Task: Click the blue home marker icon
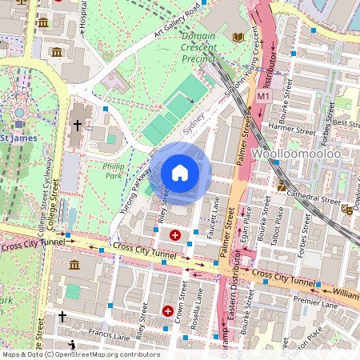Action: point(180,173)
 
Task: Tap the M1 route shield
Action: point(263,96)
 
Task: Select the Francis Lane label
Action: point(108,331)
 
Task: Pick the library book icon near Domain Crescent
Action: point(238,37)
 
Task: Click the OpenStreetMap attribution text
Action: point(80,354)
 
